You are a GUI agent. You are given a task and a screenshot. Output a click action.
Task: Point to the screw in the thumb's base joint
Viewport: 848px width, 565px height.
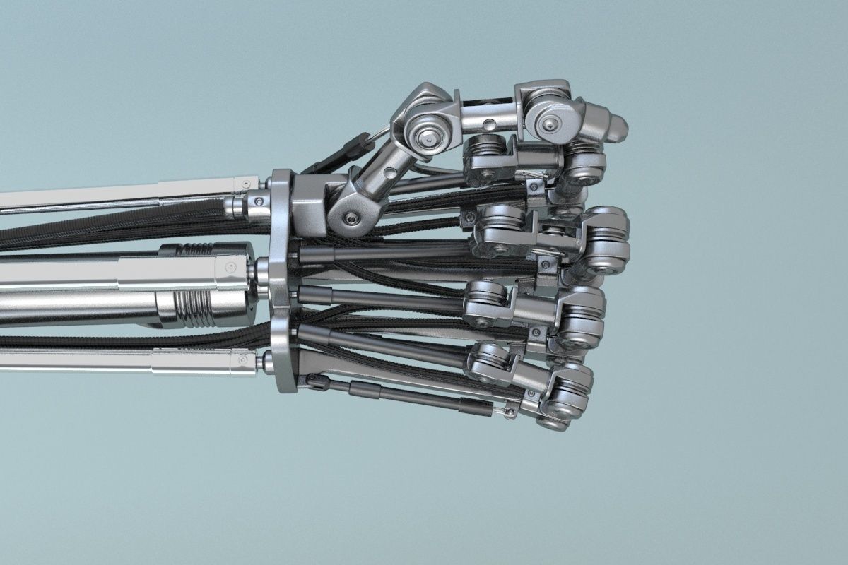350,219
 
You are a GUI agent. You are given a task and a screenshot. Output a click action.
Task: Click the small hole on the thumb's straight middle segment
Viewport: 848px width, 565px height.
487,125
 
